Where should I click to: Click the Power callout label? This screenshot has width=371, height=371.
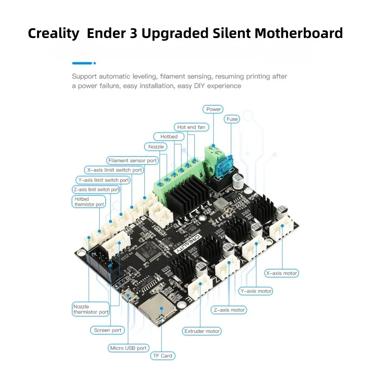pos(214,109)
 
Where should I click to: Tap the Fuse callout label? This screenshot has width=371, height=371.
pos(232,119)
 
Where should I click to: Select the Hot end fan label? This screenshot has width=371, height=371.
pos(192,127)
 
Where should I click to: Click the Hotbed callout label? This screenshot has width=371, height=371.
pos(169,137)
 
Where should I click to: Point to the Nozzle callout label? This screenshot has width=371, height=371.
pos(156,147)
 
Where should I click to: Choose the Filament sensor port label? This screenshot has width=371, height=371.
pos(132,160)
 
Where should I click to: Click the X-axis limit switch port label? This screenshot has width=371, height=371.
pos(114,170)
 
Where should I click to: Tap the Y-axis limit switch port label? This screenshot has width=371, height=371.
pos(102,180)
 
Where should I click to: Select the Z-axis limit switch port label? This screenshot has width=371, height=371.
pos(96,190)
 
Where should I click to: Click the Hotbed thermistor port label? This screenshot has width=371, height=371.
pos(89,202)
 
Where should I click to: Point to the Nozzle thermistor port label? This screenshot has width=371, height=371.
pos(91,309)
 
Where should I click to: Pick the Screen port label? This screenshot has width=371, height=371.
pos(108,330)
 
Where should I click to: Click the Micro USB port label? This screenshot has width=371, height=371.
pos(128,348)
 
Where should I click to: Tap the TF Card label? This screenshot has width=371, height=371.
pos(162,356)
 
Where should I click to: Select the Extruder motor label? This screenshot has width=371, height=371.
pos(202,331)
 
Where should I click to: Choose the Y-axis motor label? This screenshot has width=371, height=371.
pos(256,291)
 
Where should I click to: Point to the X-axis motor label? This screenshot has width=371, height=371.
pos(281,274)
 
